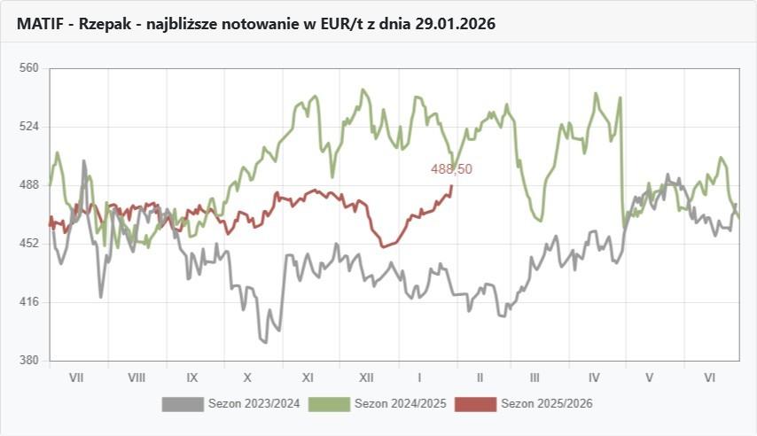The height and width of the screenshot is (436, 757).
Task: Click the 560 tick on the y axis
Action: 29,67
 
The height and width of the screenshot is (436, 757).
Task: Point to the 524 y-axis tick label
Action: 29,126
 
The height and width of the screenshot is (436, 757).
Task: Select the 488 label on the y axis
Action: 29,184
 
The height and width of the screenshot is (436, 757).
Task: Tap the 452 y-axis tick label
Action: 29,243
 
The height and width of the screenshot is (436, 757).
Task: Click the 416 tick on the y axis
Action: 29,301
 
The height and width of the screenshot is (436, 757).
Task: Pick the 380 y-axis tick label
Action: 29,360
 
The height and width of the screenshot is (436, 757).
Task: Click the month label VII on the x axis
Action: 76,378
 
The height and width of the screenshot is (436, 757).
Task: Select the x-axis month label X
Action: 248,378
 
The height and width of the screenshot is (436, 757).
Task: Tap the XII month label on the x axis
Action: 365,378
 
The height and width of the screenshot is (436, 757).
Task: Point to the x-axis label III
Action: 535,378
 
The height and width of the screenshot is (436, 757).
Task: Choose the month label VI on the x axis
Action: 709,378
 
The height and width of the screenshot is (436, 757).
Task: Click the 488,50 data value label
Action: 452,169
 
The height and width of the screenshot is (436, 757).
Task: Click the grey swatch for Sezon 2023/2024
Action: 183,404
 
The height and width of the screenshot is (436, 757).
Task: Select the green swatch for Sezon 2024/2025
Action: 330,404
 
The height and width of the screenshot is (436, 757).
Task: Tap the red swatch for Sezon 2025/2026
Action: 475,404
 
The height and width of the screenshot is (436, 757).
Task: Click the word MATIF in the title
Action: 40,24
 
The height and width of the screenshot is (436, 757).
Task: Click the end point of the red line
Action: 452,185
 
